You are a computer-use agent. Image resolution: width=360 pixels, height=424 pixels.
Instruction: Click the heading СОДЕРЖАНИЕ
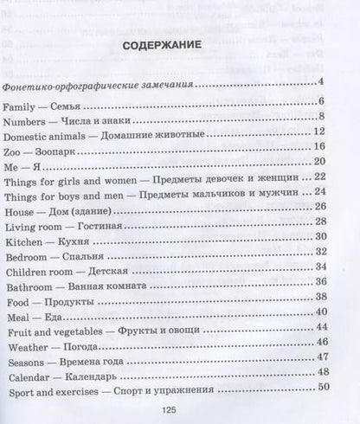point(179,44)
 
